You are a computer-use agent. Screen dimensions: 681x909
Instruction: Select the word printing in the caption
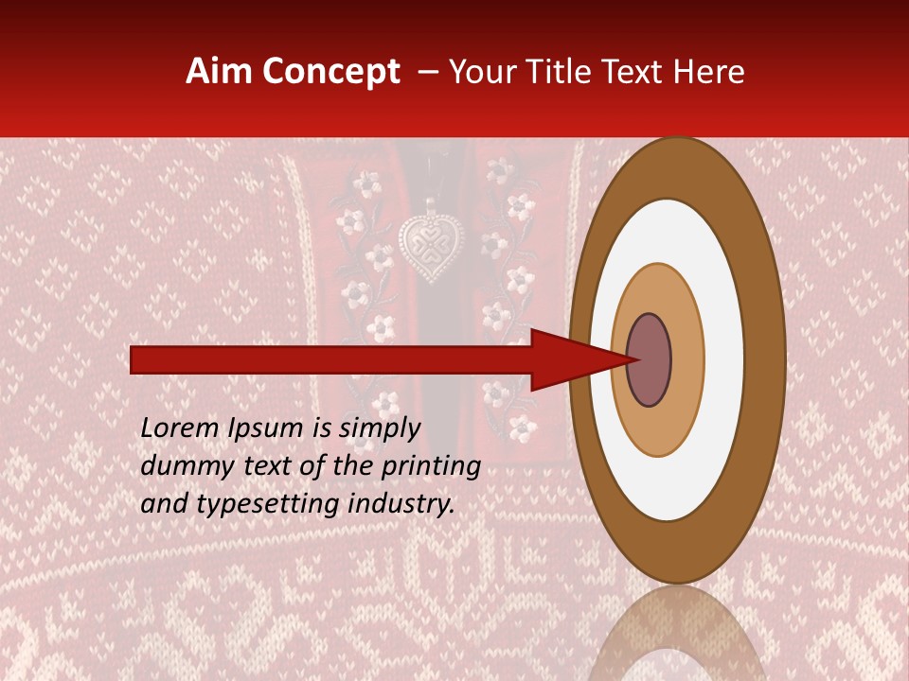click(x=431, y=466)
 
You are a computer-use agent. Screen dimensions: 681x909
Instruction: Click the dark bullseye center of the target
click(x=649, y=359)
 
